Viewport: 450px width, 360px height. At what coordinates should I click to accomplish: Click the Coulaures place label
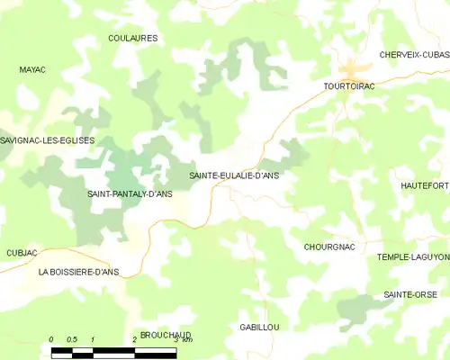(132, 38)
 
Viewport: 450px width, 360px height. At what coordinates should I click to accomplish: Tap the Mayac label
(32, 68)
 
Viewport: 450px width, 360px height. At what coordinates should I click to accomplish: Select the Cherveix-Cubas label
(414, 55)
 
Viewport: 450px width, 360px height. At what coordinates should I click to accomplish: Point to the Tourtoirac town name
(349, 86)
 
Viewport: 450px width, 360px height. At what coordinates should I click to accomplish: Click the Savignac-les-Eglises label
(48, 140)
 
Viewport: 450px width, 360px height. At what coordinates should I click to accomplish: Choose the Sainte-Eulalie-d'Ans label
(234, 176)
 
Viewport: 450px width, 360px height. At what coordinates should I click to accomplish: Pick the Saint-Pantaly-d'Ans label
(130, 193)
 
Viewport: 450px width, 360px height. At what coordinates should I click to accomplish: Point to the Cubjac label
(22, 253)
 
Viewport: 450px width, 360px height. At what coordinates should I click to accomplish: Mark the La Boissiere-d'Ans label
(78, 271)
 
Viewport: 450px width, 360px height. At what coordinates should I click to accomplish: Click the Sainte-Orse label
(409, 294)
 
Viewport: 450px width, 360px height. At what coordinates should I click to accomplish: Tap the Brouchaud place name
(166, 334)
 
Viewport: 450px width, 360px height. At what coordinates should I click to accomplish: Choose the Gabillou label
(260, 327)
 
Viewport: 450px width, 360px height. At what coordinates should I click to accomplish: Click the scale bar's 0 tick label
(51, 339)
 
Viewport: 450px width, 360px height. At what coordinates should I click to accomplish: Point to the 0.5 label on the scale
(72, 339)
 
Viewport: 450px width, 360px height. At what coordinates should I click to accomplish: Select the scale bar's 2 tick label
(134, 339)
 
